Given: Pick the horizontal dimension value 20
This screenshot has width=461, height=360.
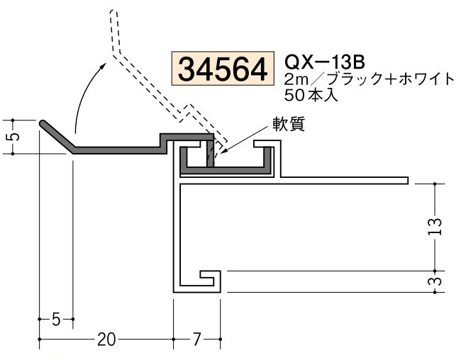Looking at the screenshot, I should (x=105, y=339).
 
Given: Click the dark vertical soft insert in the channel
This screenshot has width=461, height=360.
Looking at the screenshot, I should (x=210, y=155).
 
